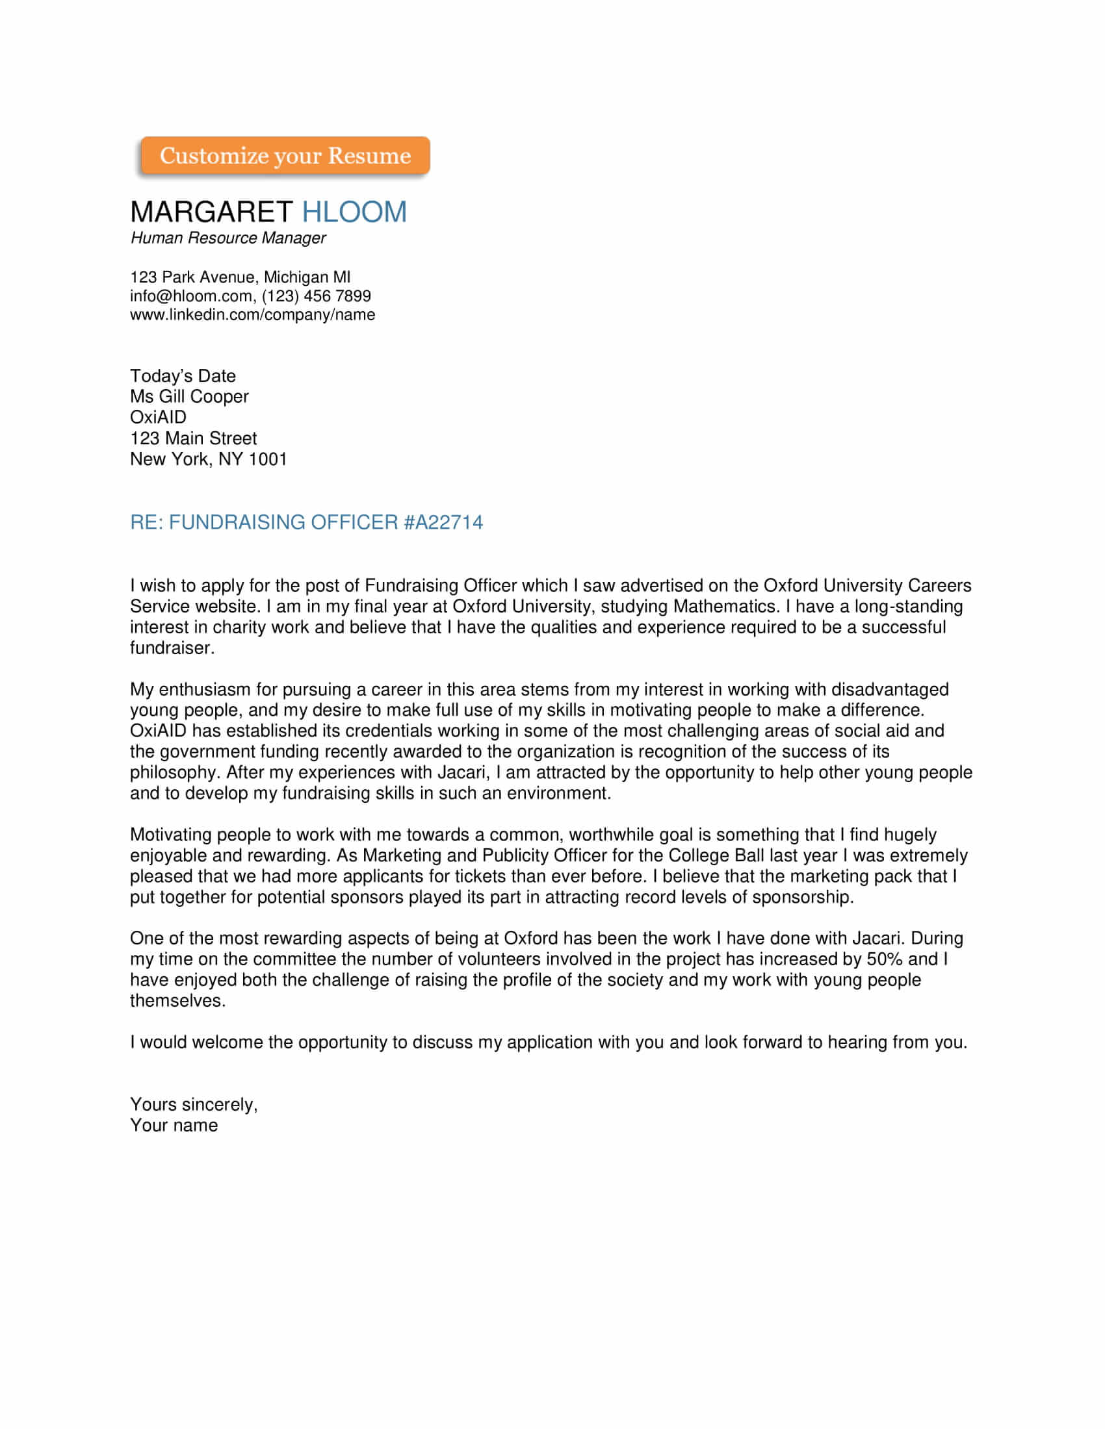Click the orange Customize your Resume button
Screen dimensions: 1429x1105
(x=285, y=156)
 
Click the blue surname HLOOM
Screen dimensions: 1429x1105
(x=354, y=212)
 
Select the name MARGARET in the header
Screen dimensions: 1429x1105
(x=211, y=212)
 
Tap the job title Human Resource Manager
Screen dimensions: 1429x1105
(x=227, y=238)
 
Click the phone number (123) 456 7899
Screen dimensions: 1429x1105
(x=317, y=296)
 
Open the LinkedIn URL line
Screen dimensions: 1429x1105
(x=252, y=315)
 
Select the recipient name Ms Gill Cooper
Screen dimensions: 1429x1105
(x=189, y=396)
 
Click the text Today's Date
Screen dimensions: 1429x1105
(x=183, y=375)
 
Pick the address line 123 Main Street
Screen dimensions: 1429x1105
(x=193, y=438)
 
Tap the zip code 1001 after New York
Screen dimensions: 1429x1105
(x=268, y=459)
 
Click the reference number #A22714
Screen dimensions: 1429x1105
(x=443, y=522)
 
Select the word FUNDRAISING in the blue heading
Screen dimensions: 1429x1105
(x=237, y=522)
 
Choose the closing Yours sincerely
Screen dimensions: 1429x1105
(x=193, y=1104)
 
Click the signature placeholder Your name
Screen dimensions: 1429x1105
(x=174, y=1126)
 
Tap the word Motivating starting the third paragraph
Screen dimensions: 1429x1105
(x=171, y=835)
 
